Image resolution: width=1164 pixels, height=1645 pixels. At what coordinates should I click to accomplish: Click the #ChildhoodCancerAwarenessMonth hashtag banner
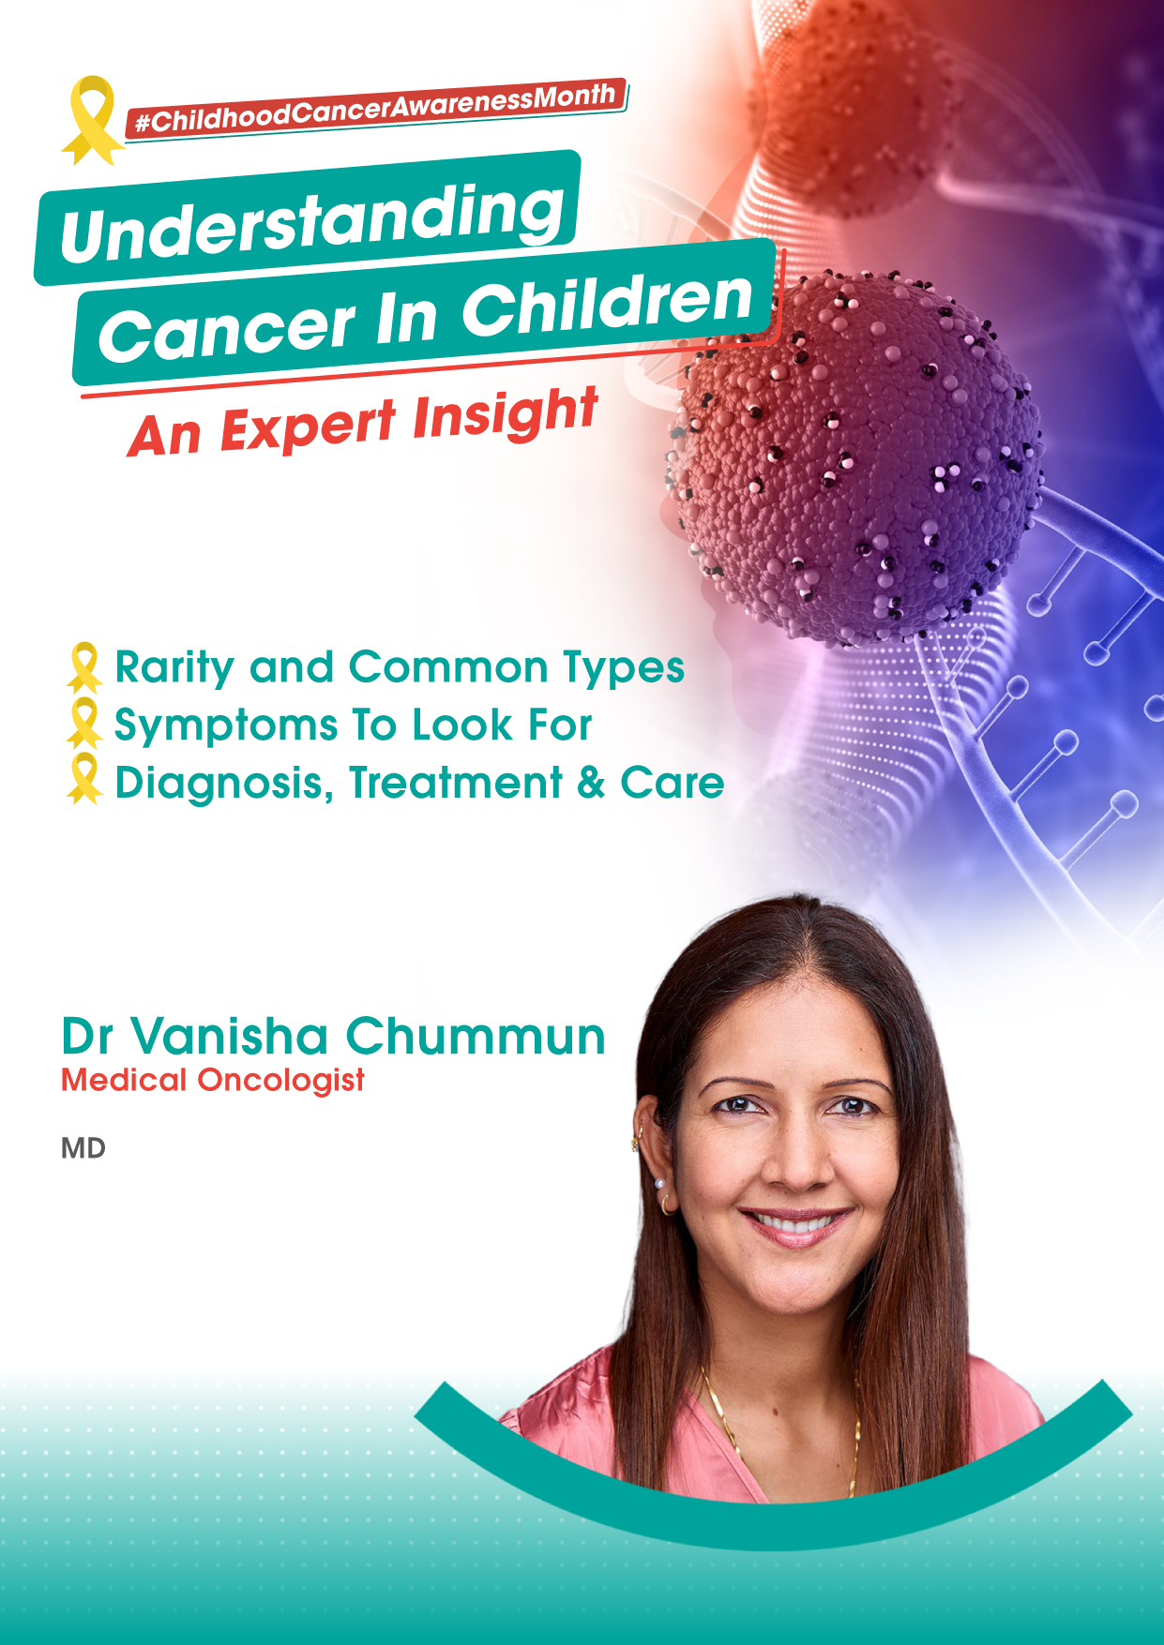[375, 108]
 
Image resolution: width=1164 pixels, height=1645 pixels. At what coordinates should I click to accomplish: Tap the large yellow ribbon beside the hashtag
[91, 120]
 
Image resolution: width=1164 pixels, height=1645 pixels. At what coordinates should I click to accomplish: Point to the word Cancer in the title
[227, 331]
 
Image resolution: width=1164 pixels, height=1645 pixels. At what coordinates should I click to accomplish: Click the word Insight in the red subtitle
[505, 415]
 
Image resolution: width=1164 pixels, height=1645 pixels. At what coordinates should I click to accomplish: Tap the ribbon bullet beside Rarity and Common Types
[84, 667]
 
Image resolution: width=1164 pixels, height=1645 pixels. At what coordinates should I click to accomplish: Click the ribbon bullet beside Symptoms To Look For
[84, 724]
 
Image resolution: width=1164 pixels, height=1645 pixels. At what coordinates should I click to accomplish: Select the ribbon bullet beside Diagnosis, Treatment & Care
[84, 779]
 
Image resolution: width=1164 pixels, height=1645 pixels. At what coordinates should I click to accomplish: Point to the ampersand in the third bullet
[591, 783]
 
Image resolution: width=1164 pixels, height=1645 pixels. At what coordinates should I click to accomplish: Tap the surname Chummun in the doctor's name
[476, 1037]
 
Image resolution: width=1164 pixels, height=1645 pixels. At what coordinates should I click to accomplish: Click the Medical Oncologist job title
[213, 1081]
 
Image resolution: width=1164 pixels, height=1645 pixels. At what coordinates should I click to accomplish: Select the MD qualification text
[83, 1148]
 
